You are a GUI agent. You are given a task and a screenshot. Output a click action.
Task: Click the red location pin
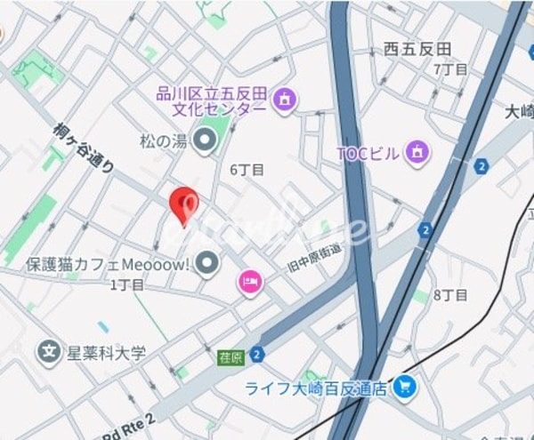[183, 204]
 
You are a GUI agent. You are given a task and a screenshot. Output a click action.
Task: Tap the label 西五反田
[417, 50]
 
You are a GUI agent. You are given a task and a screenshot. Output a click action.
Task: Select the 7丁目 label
[449, 69]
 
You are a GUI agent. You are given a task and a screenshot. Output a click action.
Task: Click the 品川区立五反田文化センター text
[211, 100]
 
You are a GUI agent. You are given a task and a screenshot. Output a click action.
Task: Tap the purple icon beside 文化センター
[284, 99]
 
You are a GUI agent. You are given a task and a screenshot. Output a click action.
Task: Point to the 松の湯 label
[161, 140]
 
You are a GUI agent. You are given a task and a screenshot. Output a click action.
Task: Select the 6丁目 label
[247, 169]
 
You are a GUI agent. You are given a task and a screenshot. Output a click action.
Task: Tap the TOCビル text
[368, 153]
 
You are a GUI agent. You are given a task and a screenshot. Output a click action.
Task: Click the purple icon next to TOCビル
[415, 153]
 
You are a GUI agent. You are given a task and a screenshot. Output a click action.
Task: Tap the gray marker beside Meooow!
[208, 263]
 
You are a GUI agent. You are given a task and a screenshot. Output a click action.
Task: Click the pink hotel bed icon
[250, 283]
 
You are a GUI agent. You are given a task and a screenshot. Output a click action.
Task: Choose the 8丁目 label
[450, 295]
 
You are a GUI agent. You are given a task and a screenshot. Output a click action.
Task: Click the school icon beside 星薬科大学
[50, 353]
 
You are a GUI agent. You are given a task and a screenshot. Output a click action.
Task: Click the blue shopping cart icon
[405, 387]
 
